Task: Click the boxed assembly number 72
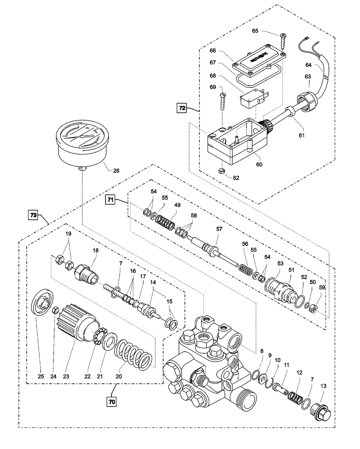coord(182,109)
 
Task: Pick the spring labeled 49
coord(166,223)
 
